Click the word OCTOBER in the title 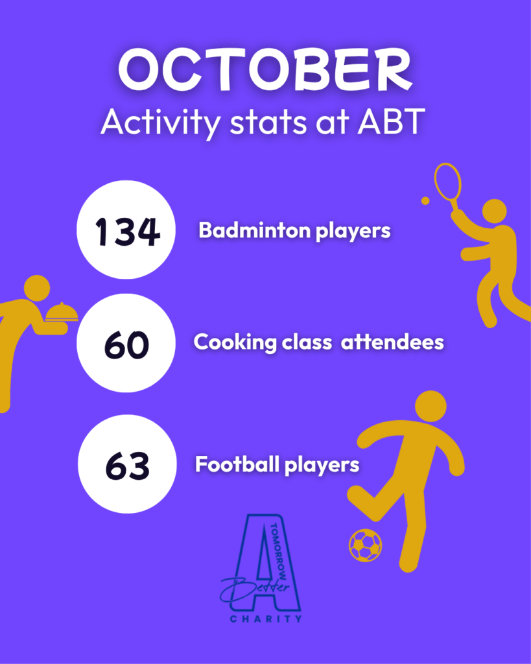pyautogui.click(x=266, y=70)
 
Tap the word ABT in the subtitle pyautogui.click(x=391, y=122)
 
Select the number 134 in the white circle pyautogui.click(x=127, y=231)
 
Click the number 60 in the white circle pyautogui.click(x=126, y=345)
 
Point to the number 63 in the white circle pyautogui.click(x=128, y=466)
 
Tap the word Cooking pyautogui.click(x=235, y=342)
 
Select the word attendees pyautogui.click(x=392, y=342)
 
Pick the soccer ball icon pyautogui.click(x=365, y=545)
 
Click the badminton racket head pyautogui.click(x=447, y=182)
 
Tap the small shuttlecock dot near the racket pyautogui.click(x=425, y=201)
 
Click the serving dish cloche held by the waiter pyautogui.click(x=62, y=312)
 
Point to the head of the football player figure pyautogui.click(x=431, y=407)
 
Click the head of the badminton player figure pyautogui.click(x=495, y=211)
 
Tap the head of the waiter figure pyautogui.click(x=37, y=289)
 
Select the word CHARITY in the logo pyautogui.click(x=266, y=619)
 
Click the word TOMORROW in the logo pyautogui.click(x=278, y=552)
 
